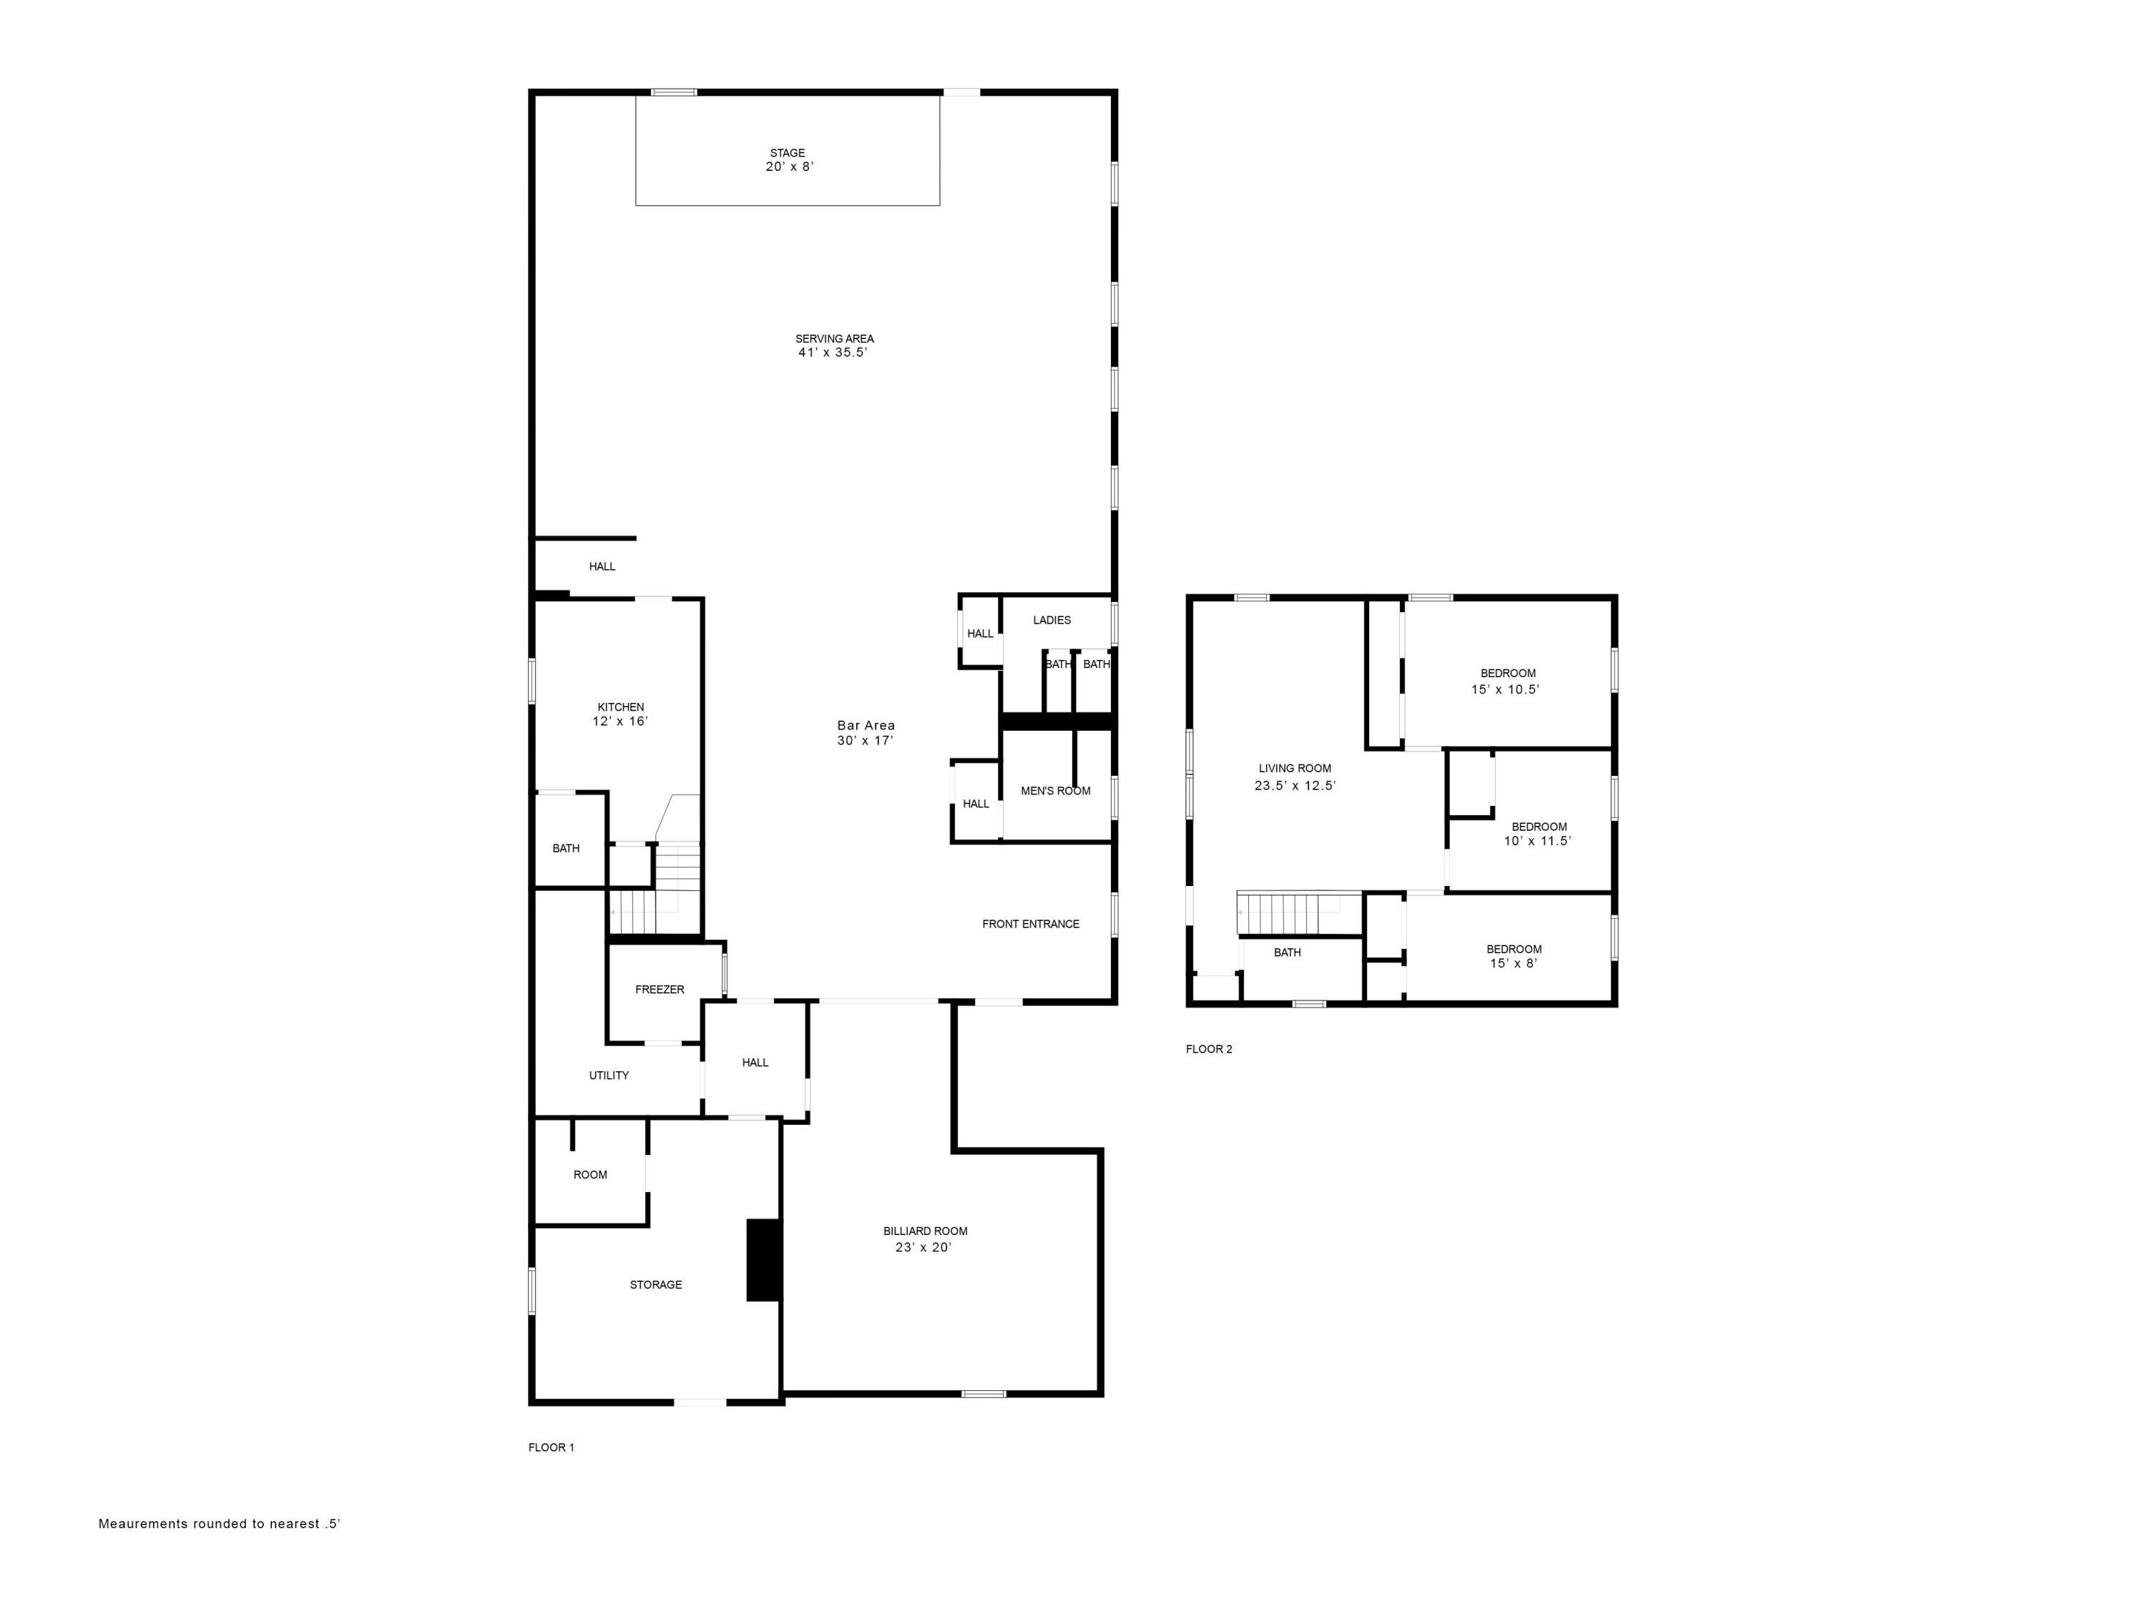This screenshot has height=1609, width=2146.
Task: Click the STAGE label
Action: pyautogui.click(x=787, y=153)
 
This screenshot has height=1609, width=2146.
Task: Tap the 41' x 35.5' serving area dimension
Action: pyautogui.click(x=833, y=353)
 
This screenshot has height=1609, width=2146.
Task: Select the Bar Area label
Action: pyautogui.click(x=866, y=725)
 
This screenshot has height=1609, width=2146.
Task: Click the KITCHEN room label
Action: pyautogui.click(x=620, y=707)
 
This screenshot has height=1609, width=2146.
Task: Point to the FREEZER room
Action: pyautogui.click(x=660, y=989)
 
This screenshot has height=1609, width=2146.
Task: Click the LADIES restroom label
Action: pyautogui.click(x=1052, y=620)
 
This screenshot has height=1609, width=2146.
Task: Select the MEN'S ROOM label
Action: pyautogui.click(x=1056, y=790)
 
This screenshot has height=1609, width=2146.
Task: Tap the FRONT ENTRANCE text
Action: pyautogui.click(x=1030, y=924)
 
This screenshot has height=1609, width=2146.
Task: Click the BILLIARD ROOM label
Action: pyautogui.click(x=924, y=1231)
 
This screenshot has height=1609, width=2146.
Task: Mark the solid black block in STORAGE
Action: pyautogui.click(x=763, y=1259)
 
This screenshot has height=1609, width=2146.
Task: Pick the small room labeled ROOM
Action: pyautogui.click(x=590, y=1174)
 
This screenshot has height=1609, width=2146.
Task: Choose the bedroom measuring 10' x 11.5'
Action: pyautogui.click(x=1538, y=834)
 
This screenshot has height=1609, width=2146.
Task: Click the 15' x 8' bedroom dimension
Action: pyautogui.click(x=1514, y=963)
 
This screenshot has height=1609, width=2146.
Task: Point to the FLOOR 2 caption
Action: pyautogui.click(x=1209, y=1048)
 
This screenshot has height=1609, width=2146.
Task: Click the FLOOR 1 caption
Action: pyautogui.click(x=551, y=1447)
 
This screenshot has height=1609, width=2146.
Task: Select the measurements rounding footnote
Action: pyautogui.click(x=220, y=1524)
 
